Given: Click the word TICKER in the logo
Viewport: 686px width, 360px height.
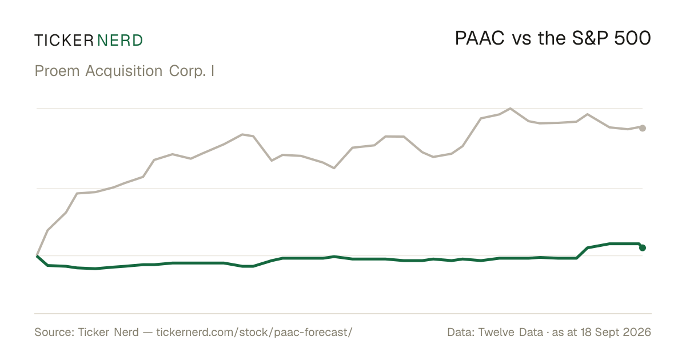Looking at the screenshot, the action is coord(64,41).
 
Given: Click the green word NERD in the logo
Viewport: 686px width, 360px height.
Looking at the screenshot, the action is coord(119,41).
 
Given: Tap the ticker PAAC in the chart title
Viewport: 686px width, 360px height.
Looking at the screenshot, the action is coord(480,39).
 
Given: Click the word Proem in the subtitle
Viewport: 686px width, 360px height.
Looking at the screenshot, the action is coord(57,71).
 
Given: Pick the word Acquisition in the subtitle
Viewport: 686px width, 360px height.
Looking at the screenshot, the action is coord(123,71).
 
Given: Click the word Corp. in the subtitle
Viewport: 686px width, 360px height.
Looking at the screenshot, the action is coord(187,71).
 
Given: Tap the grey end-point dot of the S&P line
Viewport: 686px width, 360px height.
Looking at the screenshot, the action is coord(643,128).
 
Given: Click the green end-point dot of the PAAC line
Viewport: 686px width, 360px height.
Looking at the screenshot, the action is coord(643,247).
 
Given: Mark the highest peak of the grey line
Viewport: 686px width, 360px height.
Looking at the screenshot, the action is coord(510,109).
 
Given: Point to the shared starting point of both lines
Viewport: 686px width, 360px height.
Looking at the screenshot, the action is coord(37,255).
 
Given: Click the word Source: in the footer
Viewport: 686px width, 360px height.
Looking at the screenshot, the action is coord(54,332).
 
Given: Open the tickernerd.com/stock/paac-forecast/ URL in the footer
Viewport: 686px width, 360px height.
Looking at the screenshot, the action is coord(254,333).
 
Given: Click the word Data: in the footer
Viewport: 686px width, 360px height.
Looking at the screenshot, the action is coord(461,332).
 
